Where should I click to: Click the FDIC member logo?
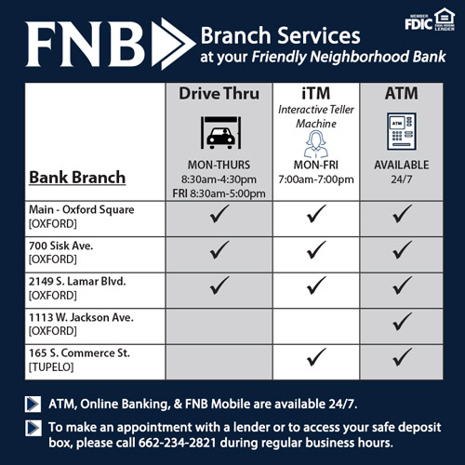418,22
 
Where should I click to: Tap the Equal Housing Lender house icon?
445,19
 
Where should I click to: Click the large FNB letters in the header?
86,44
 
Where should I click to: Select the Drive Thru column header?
219,93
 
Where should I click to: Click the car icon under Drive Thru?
220,132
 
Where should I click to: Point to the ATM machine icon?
402,131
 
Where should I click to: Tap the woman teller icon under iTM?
315,144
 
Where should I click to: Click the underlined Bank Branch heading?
77,178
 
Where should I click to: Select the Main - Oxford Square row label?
82,217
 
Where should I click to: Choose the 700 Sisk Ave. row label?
61,252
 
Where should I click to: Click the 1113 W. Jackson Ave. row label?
81,324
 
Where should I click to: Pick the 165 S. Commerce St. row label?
79,360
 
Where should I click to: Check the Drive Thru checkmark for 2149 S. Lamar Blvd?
219,286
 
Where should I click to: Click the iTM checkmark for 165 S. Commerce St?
316,357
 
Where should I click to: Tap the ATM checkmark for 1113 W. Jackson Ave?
402,321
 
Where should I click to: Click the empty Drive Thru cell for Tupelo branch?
219,362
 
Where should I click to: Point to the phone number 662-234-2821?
178,443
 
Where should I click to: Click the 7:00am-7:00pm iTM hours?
316,179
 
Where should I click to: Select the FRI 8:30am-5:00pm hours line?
219,193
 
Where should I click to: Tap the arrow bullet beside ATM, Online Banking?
33,404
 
